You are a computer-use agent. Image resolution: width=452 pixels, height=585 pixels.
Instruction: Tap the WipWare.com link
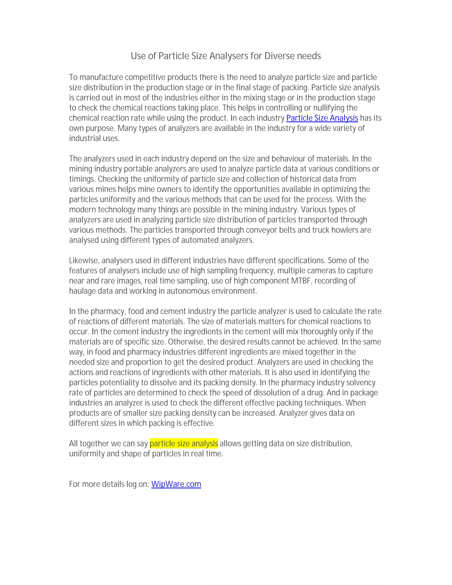tap(176, 484)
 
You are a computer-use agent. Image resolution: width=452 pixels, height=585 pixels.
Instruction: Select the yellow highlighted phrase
tap(184, 443)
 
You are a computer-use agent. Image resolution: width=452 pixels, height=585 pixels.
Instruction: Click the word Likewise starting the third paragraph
tap(83, 261)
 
